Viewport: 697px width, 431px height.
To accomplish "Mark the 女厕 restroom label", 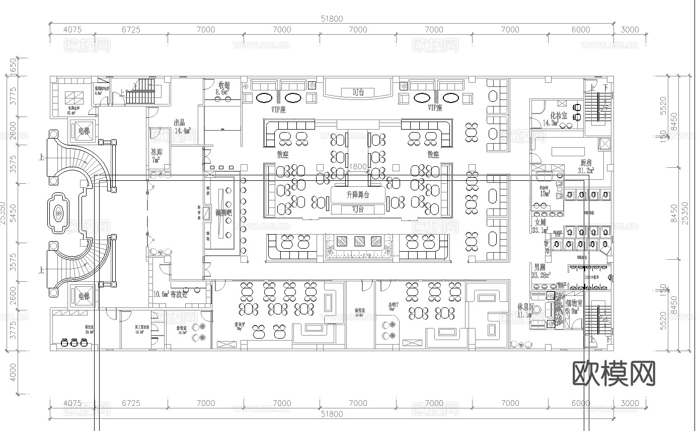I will click(x=540, y=222).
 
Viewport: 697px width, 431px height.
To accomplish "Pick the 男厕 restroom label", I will click(x=540, y=267).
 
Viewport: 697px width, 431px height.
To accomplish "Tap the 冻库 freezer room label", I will click(x=158, y=152).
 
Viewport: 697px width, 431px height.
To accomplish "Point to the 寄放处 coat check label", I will click(x=179, y=294).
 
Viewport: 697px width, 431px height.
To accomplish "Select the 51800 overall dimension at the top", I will click(x=332, y=19).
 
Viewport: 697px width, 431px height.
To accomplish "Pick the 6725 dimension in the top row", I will click(x=131, y=30).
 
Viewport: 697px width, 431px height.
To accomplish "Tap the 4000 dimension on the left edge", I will click(x=13, y=372).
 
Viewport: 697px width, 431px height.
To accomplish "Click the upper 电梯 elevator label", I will click(x=84, y=131).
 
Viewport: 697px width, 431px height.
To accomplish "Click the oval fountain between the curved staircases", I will click(x=59, y=215).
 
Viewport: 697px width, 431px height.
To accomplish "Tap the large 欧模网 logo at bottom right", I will click(x=614, y=373).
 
